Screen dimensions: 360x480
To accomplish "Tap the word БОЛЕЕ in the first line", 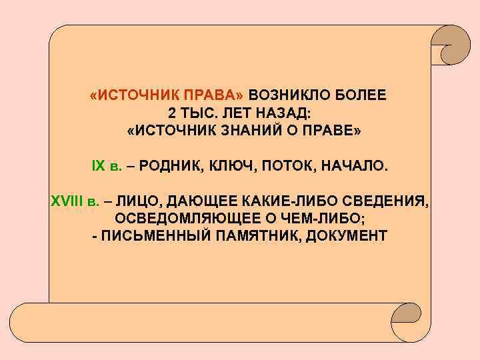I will pos(361,95).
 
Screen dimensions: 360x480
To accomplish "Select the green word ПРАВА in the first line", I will pos(216,95).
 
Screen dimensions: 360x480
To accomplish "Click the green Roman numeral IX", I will pos(98,165).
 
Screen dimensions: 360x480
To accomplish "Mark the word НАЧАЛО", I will pos(354,165).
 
